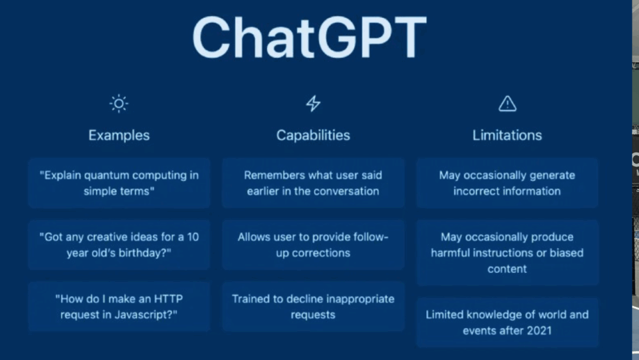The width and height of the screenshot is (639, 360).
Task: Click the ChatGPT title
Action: tap(309, 38)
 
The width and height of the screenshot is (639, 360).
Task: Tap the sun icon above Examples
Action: tap(119, 104)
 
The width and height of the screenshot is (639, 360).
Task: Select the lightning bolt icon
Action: tap(313, 104)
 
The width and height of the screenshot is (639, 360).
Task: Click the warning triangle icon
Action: tap(507, 104)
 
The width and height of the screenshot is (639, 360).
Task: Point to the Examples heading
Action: tap(119, 136)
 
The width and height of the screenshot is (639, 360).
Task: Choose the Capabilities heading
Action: tap(313, 136)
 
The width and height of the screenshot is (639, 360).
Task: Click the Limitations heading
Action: tap(507, 136)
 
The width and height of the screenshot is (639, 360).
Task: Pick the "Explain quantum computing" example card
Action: tap(119, 183)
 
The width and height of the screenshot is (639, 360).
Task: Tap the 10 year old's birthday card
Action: tap(119, 245)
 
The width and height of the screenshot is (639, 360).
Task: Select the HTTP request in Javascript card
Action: tap(119, 306)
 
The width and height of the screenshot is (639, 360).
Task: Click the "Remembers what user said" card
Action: tap(313, 183)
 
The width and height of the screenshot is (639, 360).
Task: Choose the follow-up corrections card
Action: tap(313, 245)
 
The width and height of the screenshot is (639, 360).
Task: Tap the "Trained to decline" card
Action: tap(313, 306)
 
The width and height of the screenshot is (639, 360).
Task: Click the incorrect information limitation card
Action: tap(507, 183)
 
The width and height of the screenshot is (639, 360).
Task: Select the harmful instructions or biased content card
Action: tap(507, 253)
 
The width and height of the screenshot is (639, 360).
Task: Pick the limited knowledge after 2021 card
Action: tap(507, 322)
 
